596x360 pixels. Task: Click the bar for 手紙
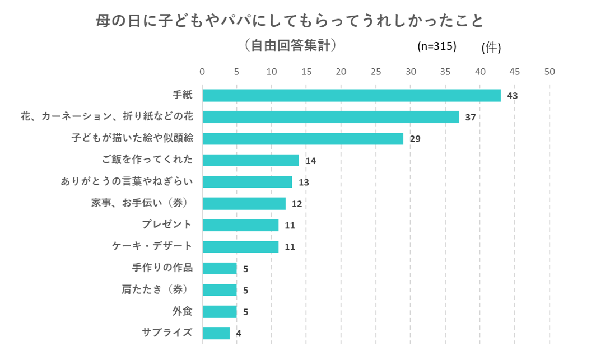pyautogui.click(x=351, y=96)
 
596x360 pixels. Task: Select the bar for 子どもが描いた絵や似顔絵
pyautogui.click(x=302, y=139)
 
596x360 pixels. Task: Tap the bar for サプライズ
pyautogui.click(x=216, y=333)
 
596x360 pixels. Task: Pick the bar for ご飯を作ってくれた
pyautogui.click(x=250, y=160)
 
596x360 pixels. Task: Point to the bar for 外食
pyautogui.click(x=219, y=312)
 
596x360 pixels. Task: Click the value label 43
pyautogui.click(x=512, y=96)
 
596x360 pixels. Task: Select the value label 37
pyautogui.click(x=470, y=118)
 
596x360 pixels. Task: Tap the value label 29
pyautogui.click(x=415, y=139)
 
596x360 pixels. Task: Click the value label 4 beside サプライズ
pyautogui.click(x=239, y=334)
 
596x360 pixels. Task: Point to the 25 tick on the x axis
pyautogui.click(x=376, y=72)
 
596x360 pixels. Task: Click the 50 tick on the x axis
pyautogui.click(x=550, y=72)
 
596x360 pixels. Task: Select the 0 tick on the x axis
pyautogui.click(x=202, y=72)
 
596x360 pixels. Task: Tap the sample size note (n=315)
pyautogui.click(x=437, y=46)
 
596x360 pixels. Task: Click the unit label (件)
pyautogui.click(x=491, y=48)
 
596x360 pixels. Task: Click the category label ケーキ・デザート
pyautogui.click(x=152, y=246)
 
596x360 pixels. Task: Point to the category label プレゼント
pyautogui.click(x=167, y=225)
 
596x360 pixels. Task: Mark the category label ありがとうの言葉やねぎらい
pyautogui.click(x=127, y=181)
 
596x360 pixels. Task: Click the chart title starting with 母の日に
pyautogui.click(x=290, y=21)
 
